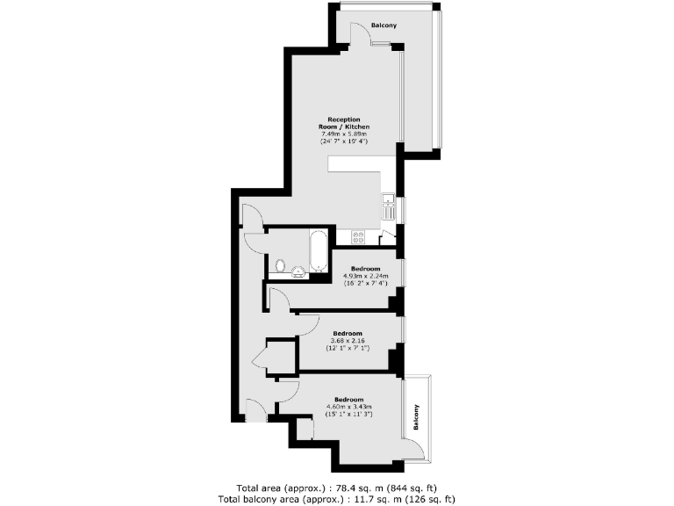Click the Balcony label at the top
tap(384, 25)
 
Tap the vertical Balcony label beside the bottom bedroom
tap(417, 417)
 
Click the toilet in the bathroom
tap(280, 264)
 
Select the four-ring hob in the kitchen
tap(358, 236)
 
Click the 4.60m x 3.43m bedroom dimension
tap(350, 407)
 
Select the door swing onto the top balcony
tap(360, 35)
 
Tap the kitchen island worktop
tap(360, 167)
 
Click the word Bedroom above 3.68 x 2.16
tap(348, 333)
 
